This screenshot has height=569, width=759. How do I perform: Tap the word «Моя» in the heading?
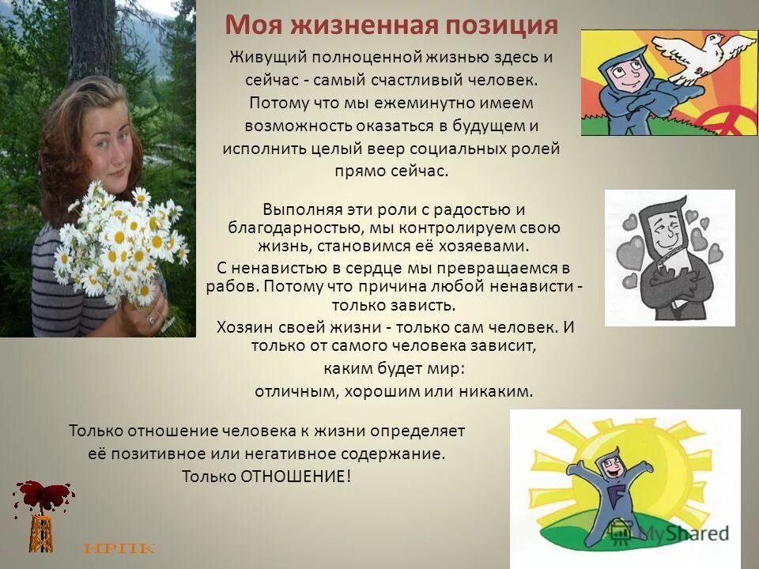point(248,24)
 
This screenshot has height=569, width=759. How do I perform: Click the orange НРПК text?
point(119,548)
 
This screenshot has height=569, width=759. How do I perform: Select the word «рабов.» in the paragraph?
point(229,285)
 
